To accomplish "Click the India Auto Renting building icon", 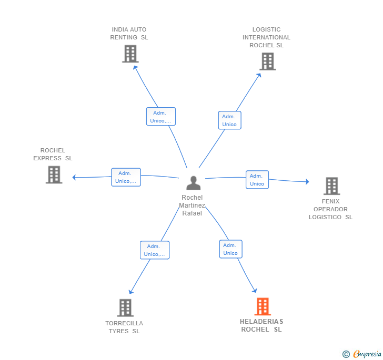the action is [x=130, y=54].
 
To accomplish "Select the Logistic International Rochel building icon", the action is [x=268, y=61].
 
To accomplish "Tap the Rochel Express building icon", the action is [x=54, y=175].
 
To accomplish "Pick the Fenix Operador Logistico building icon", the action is [x=331, y=186].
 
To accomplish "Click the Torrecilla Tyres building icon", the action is [x=125, y=308].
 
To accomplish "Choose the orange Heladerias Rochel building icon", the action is [x=263, y=306].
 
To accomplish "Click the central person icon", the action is [x=194, y=183].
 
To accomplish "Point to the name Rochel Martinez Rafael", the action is [x=192, y=205].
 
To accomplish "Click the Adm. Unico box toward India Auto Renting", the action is [x=161, y=117].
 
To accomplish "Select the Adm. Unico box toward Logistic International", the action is [x=229, y=120].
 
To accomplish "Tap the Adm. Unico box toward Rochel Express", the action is [x=126, y=177].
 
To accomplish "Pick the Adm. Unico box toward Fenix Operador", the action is [x=257, y=180].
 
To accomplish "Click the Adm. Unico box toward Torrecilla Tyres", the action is [x=155, y=250].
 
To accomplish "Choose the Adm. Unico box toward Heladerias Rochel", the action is [x=230, y=249].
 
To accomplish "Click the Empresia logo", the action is [x=362, y=354].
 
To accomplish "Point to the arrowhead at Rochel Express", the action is [x=74, y=178].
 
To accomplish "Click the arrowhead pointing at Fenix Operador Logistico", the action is [x=308, y=182].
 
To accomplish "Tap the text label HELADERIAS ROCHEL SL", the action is [x=261, y=325].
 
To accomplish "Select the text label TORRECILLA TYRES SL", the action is [x=124, y=327].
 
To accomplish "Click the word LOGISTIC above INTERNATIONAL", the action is [x=267, y=29].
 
